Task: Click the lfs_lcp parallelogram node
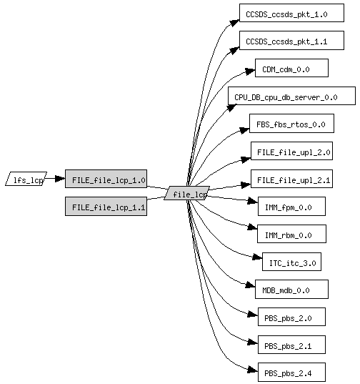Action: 26,179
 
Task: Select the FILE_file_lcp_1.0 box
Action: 106,179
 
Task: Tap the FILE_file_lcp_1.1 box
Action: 106,206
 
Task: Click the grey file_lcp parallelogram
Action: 187,193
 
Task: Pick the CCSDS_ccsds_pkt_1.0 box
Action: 291,13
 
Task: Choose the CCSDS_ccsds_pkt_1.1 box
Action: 291,41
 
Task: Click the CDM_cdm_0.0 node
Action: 291,68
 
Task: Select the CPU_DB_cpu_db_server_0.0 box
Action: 291,96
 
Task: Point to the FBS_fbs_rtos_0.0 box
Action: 291,123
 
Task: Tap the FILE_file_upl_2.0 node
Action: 291,151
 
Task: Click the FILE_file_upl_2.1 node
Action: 291,179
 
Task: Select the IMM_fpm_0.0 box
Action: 291,206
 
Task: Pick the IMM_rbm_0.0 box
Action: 291,234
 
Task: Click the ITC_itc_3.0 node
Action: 291,262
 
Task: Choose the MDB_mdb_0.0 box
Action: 291,289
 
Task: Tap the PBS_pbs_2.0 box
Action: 291,317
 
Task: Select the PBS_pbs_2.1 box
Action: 291,345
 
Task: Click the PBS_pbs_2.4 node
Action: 291,373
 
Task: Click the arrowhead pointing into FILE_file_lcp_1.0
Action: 60,179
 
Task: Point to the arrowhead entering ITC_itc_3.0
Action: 257,257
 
